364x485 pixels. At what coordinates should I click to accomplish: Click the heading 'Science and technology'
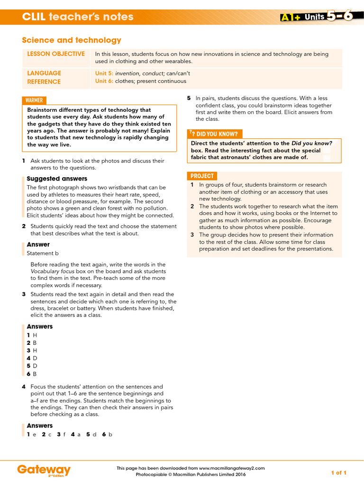click(72, 40)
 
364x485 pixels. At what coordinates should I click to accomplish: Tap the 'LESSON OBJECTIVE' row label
click(56, 54)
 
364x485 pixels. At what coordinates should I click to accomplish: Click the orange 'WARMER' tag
click(34, 100)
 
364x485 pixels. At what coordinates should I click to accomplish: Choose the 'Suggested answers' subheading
click(57, 179)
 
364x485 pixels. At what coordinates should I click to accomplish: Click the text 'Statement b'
click(43, 253)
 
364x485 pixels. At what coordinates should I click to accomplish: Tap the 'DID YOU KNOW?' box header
click(214, 134)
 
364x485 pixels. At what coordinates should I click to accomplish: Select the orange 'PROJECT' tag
click(202, 176)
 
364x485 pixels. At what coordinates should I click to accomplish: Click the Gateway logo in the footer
click(44, 470)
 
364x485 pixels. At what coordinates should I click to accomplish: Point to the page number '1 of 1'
click(338, 473)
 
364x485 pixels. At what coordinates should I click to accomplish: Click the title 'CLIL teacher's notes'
click(78, 17)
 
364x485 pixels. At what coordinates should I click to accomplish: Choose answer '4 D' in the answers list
click(32, 358)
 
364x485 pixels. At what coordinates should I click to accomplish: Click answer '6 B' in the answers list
click(32, 374)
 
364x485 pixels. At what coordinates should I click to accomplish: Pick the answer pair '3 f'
click(61, 434)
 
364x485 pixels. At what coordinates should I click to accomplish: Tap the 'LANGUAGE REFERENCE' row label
click(44, 77)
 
